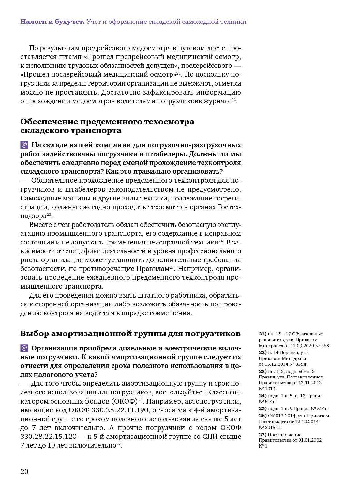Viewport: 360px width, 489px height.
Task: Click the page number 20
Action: (24, 472)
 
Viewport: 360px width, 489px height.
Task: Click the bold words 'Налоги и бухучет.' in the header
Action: (52, 22)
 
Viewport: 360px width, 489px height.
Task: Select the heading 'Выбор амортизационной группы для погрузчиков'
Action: (130, 334)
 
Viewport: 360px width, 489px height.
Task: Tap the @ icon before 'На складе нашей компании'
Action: (24, 145)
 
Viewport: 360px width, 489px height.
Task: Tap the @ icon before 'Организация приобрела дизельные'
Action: (24, 348)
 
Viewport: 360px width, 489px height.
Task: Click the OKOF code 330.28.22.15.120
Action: (49, 437)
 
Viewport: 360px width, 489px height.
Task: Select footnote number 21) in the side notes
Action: (262, 334)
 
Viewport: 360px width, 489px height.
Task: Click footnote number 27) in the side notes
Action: (262, 435)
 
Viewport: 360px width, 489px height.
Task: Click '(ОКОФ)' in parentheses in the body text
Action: (125, 401)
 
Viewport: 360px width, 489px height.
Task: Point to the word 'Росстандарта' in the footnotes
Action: (272, 422)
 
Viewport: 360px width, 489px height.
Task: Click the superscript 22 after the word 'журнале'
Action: (234, 99)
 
